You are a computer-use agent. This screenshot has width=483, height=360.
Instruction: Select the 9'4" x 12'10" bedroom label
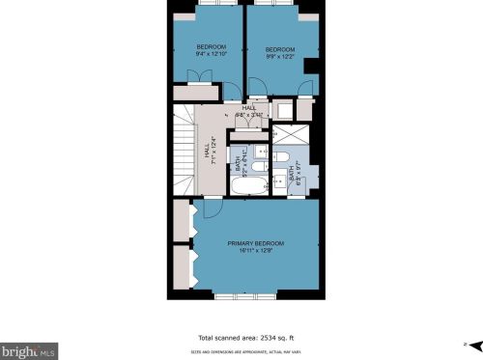tap(211, 51)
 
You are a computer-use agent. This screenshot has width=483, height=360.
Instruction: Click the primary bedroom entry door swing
tap(213, 207)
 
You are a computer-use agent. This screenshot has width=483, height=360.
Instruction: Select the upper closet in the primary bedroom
tap(182, 221)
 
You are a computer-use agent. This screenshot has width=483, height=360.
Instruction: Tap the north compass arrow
tap(467, 345)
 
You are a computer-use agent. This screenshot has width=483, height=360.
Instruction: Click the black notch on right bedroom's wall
tap(311, 65)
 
